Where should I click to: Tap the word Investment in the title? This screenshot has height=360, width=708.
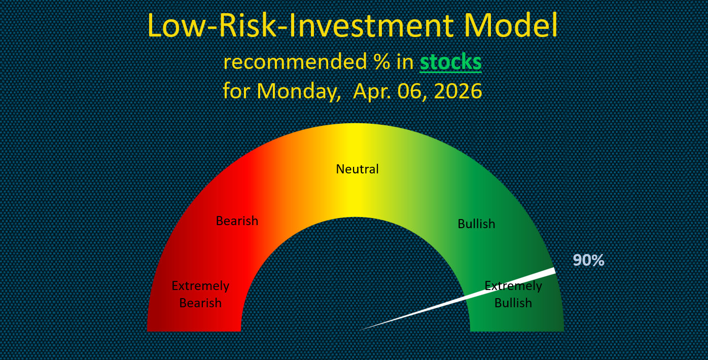372,25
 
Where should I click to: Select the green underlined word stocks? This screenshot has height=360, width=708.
450,62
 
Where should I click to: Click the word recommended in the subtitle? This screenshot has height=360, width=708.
295,62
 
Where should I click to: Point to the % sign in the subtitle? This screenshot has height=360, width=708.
381,62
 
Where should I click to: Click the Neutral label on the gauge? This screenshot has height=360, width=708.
357,169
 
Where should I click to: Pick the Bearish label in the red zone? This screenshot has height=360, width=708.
237,221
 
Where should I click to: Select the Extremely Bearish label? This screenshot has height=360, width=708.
200,294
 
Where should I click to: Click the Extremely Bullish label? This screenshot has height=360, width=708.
513,294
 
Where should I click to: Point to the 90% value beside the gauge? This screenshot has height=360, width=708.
588,260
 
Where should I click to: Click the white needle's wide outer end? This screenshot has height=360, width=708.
554,271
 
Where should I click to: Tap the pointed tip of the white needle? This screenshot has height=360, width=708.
360,330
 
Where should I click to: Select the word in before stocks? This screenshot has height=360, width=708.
405,62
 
